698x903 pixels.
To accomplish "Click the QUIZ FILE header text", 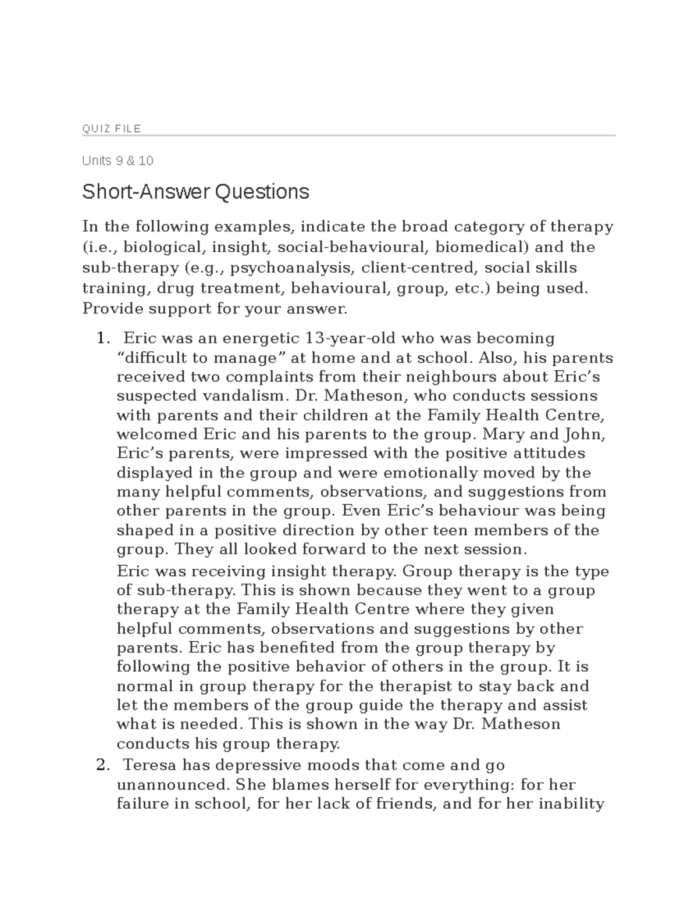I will pyautogui.click(x=112, y=129).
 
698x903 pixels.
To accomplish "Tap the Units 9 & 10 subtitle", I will pyautogui.click(x=117, y=160).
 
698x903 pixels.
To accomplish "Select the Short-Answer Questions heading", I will pyautogui.click(x=195, y=191).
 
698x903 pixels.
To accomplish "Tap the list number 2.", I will pyautogui.click(x=102, y=766).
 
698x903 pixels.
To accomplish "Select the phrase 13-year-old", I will pyautogui.click(x=351, y=338).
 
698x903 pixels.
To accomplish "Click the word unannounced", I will pyautogui.click(x=173, y=785).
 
